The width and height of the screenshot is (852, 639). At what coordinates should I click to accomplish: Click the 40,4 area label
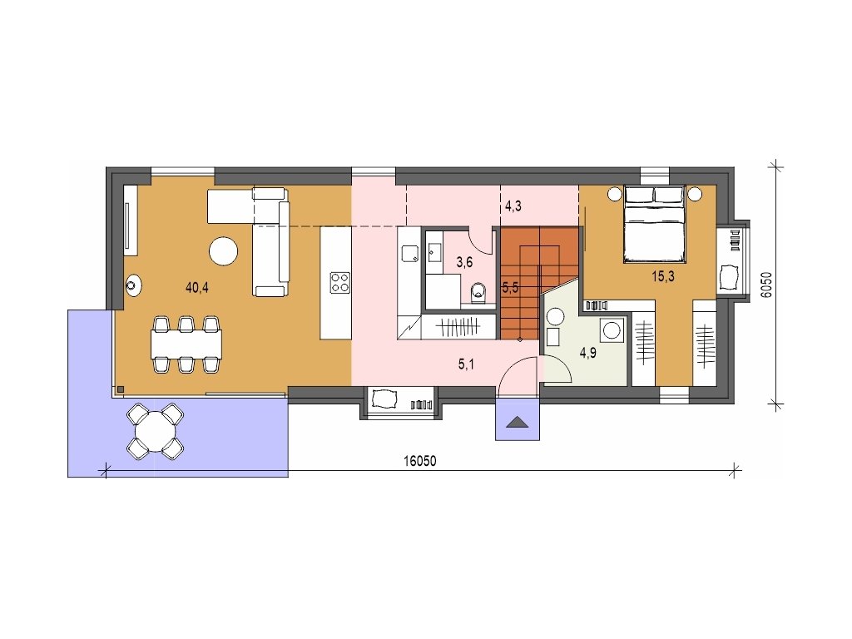tap(196, 288)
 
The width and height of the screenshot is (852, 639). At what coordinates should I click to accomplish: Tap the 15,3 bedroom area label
tap(663, 276)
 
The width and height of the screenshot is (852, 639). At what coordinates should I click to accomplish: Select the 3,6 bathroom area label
tap(464, 262)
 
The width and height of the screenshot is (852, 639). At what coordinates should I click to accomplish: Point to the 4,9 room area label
tap(588, 353)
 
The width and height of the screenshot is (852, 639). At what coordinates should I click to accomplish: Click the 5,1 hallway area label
tap(466, 364)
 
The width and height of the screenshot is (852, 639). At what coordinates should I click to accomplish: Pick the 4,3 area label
tap(513, 206)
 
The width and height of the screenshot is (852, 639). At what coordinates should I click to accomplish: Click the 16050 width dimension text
tap(420, 461)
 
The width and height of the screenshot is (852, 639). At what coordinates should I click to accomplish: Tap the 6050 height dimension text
tap(766, 284)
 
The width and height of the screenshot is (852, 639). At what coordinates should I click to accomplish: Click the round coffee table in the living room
tap(223, 251)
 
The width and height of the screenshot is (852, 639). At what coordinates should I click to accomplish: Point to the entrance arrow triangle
tap(518, 422)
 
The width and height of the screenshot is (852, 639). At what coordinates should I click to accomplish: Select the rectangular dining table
tap(186, 345)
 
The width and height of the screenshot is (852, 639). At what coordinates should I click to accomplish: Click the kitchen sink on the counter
tap(409, 253)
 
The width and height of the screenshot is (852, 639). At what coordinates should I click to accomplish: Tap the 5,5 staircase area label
tap(510, 287)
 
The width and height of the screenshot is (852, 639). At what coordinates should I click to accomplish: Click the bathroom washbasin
tap(434, 252)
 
